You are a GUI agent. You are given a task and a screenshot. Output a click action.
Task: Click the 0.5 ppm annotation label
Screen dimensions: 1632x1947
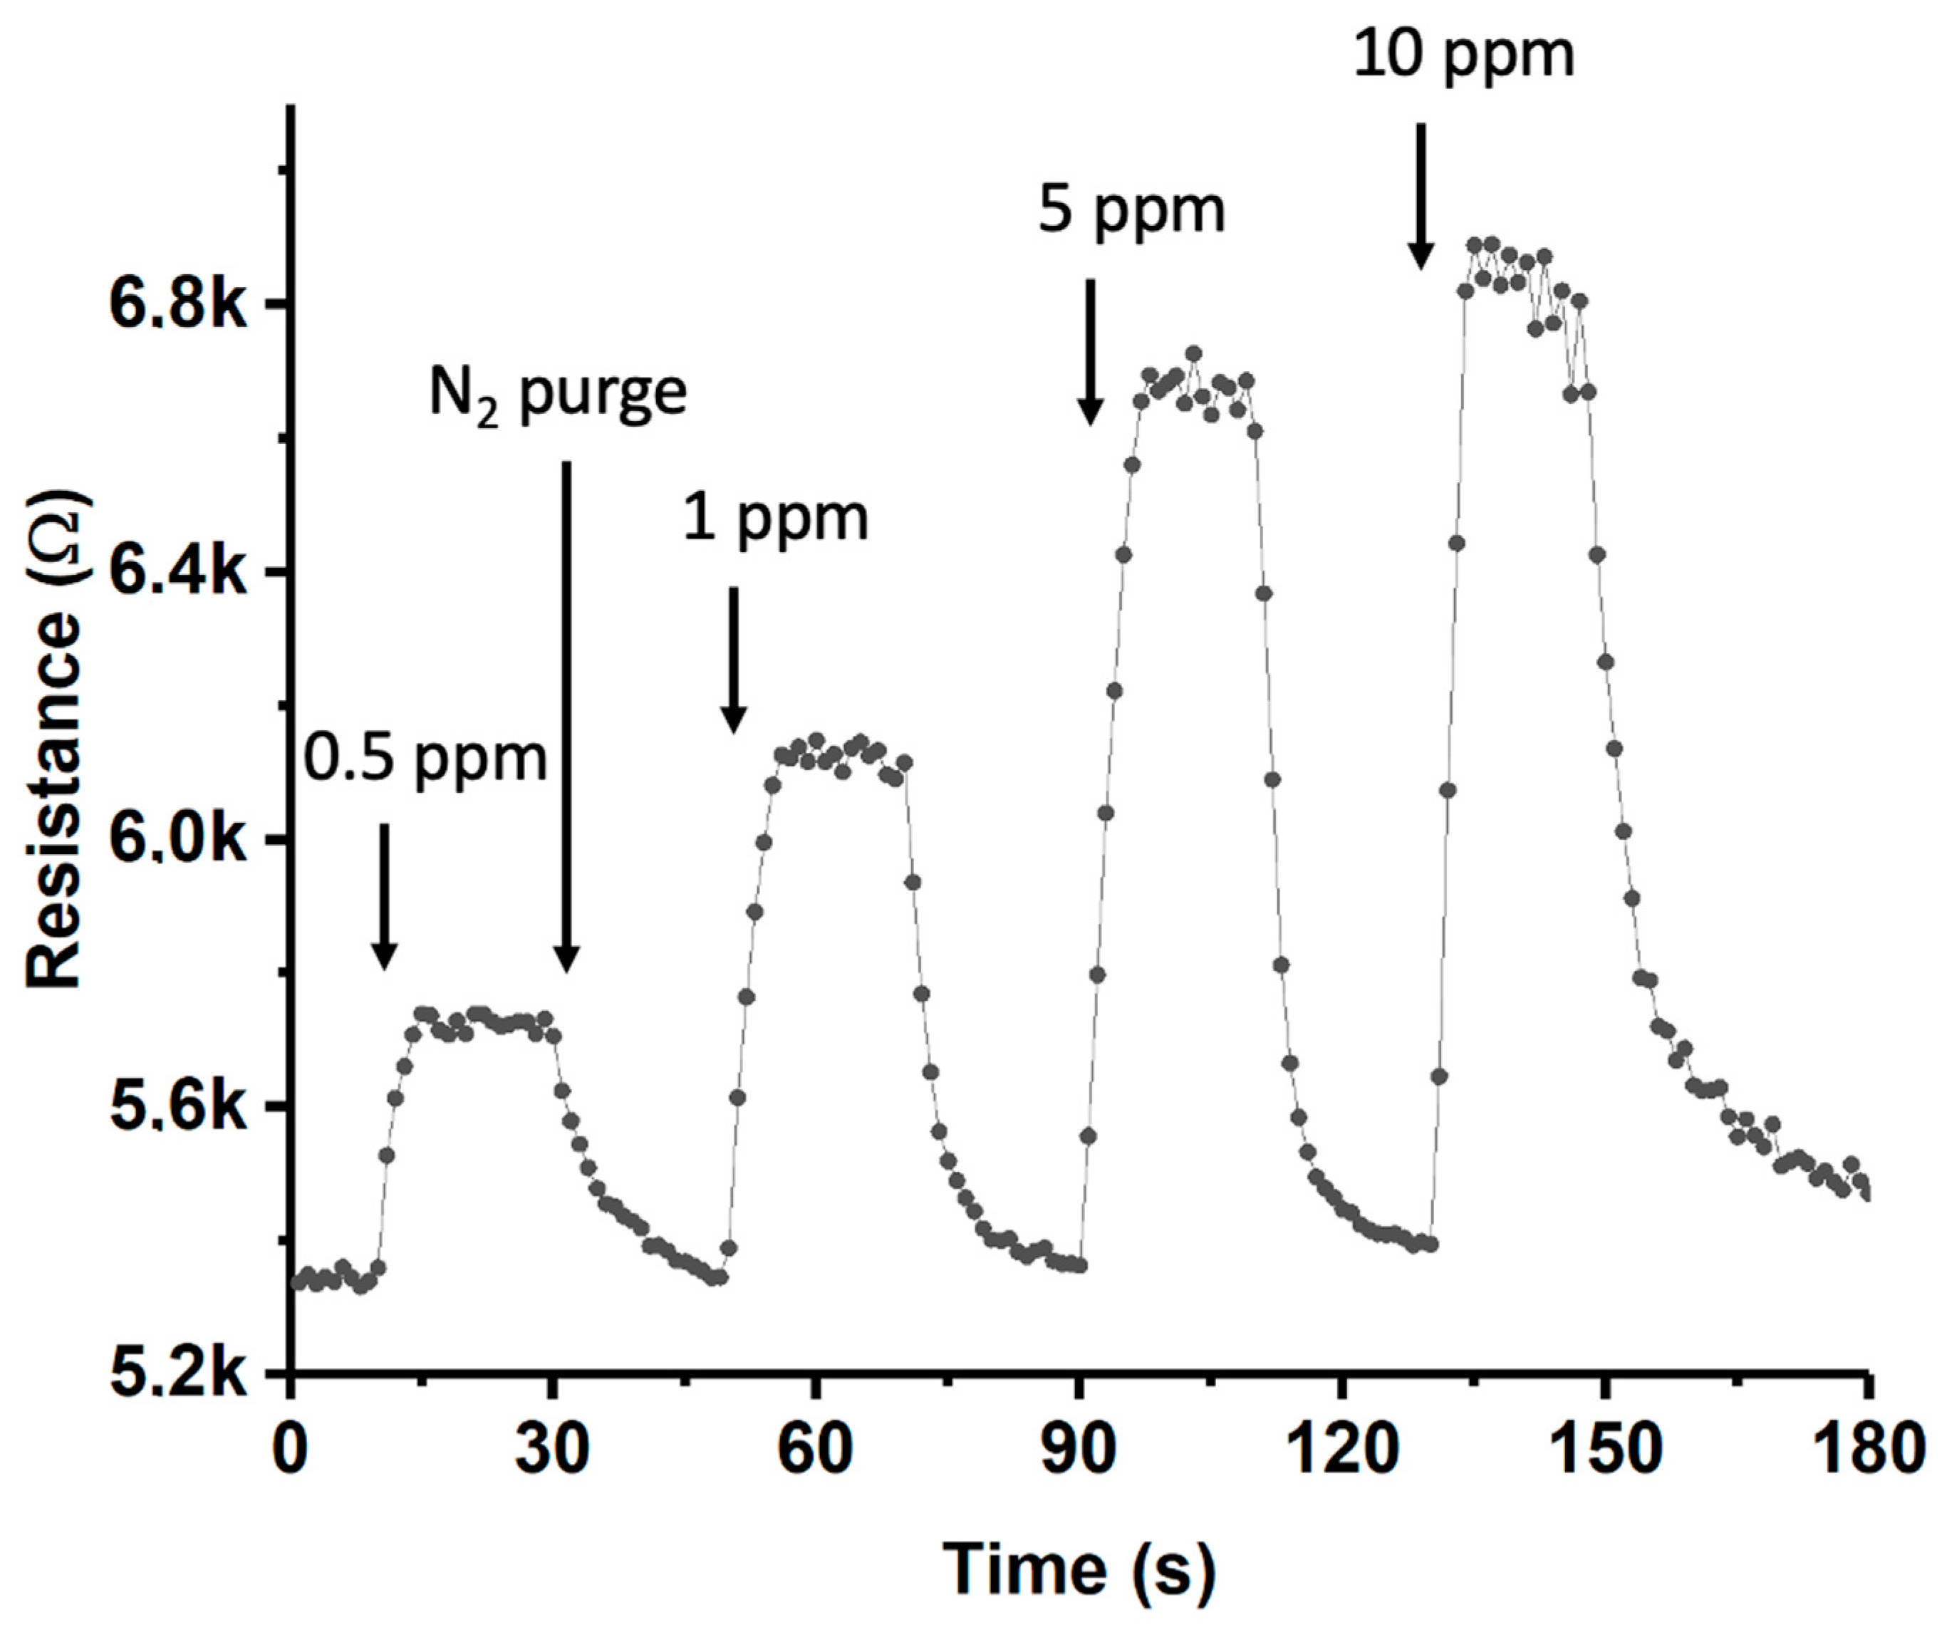pyautogui.click(x=427, y=759)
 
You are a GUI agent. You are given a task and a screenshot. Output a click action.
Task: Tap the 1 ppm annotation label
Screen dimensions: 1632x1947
pyautogui.click(x=776, y=519)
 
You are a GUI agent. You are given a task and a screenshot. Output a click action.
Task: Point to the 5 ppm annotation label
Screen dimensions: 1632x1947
pyautogui.click(x=1132, y=212)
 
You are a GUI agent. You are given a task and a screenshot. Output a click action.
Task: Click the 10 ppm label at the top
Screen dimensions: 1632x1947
pyautogui.click(x=1464, y=55)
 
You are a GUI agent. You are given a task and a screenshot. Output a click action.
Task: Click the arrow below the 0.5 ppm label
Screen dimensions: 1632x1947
pyautogui.click(x=384, y=895)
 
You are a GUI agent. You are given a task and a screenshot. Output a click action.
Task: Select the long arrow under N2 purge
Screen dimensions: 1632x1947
pyautogui.click(x=566, y=714)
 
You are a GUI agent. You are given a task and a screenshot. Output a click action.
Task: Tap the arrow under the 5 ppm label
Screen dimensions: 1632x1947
pyautogui.click(x=1090, y=353)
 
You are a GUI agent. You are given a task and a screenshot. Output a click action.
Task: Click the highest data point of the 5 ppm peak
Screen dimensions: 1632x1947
pyautogui.click(x=1194, y=353)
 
